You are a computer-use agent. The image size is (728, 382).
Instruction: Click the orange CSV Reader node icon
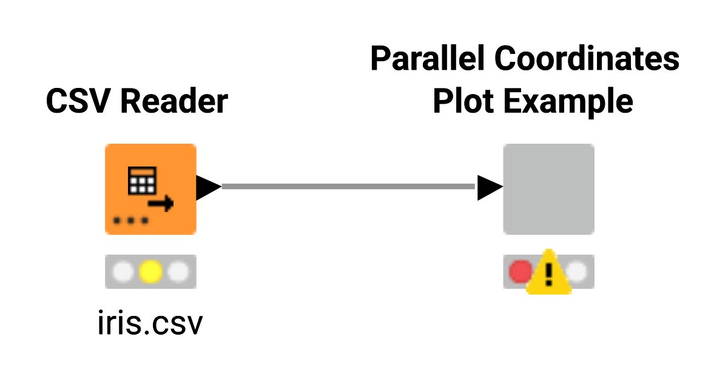coord(150,189)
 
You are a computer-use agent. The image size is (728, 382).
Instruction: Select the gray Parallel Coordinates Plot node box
coord(548,189)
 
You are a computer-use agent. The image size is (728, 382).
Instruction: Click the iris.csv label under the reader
coord(150,324)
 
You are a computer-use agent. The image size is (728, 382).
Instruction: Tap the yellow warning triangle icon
coord(548,274)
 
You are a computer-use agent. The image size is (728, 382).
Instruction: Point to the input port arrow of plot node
coord(490,187)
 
